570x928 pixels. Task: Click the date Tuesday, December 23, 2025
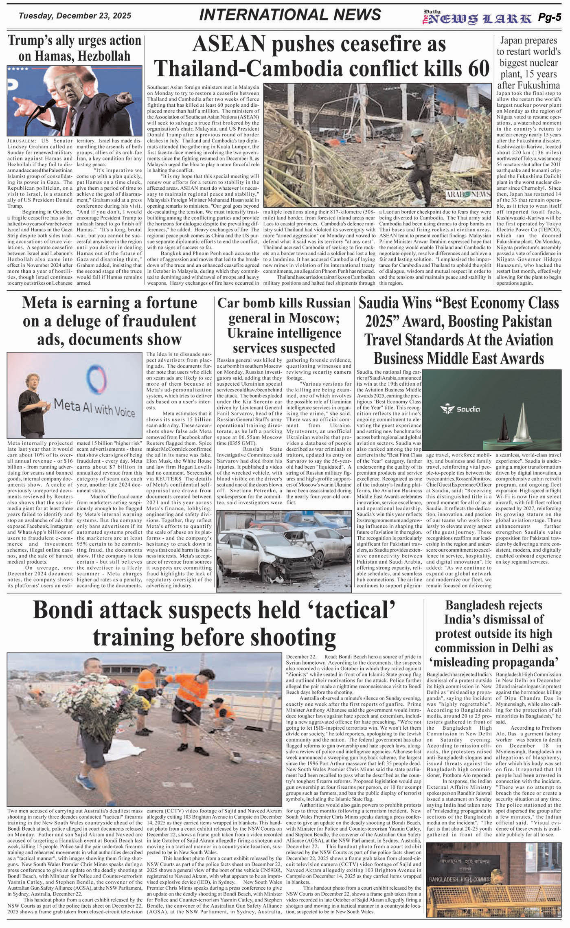click(75, 16)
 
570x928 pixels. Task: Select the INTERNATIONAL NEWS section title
click(290, 15)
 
